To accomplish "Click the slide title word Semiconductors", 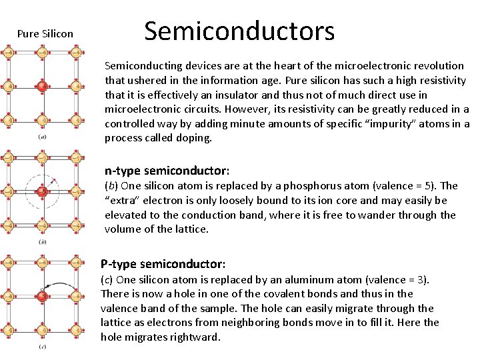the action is coord(239,31).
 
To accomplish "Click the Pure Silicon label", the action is coord(45,33).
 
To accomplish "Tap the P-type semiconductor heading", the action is coord(163,264).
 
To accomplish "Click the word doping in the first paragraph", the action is coord(193,138).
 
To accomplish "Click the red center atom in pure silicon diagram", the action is coord(41,86).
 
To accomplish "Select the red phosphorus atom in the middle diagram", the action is coord(41,192).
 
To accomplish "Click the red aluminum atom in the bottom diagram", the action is coord(41,296).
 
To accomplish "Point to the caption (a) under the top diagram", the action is coord(42,137).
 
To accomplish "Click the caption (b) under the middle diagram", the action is coord(42,242).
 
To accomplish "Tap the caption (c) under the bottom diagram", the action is coord(42,347).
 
